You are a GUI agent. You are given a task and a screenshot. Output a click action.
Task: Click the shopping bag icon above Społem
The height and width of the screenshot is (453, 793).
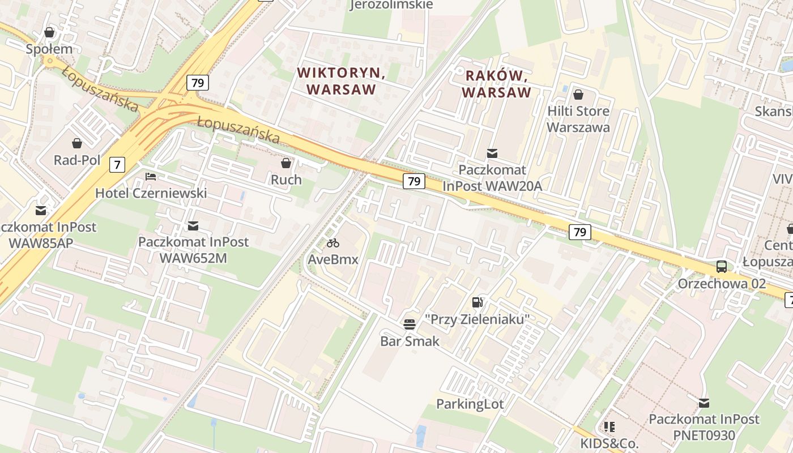[x=49, y=32]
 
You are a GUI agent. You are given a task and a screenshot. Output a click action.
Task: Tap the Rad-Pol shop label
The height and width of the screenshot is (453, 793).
[x=77, y=160]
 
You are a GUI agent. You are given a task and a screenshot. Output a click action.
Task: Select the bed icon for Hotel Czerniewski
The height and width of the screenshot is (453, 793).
[x=151, y=177]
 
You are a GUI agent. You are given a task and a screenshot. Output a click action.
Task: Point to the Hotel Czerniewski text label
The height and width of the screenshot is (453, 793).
[x=151, y=193]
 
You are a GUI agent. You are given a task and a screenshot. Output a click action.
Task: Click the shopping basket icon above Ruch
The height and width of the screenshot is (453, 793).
[x=286, y=163]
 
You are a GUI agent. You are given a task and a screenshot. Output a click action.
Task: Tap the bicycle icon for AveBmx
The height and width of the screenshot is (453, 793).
[x=333, y=243]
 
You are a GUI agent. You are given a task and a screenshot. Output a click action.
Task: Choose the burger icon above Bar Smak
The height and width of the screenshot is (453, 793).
[x=410, y=324]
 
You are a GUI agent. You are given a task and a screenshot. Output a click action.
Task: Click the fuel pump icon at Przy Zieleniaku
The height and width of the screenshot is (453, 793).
[x=478, y=302]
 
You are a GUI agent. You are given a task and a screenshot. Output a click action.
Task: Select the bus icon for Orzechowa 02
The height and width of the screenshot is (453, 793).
[x=722, y=267]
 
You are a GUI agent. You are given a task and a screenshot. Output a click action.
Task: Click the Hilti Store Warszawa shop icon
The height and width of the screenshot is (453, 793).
[x=578, y=95]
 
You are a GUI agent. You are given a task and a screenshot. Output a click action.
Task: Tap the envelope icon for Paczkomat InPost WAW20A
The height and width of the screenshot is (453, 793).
[x=492, y=153]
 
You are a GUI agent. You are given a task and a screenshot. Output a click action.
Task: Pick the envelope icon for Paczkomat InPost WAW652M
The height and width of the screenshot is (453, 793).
[x=193, y=225]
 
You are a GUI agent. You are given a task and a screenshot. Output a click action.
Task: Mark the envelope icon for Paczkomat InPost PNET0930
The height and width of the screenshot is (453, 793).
[x=704, y=403]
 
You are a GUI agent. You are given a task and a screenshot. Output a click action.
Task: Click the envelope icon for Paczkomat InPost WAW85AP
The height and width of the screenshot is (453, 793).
[x=41, y=211]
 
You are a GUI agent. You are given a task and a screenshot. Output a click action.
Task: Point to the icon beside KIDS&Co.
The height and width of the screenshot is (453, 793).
[x=609, y=426]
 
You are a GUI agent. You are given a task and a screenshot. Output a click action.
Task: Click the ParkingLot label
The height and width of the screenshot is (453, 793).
[x=470, y=404]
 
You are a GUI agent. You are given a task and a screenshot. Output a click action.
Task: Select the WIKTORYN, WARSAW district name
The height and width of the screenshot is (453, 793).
[x=342, y=81]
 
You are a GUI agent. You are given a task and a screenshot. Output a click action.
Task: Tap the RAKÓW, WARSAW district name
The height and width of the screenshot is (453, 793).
[x=497, y=84]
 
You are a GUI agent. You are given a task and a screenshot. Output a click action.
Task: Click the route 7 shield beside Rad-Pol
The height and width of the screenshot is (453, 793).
[x=117, y=165]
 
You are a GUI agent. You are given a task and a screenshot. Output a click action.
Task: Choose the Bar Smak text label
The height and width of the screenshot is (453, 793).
[x=410, y=341]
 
